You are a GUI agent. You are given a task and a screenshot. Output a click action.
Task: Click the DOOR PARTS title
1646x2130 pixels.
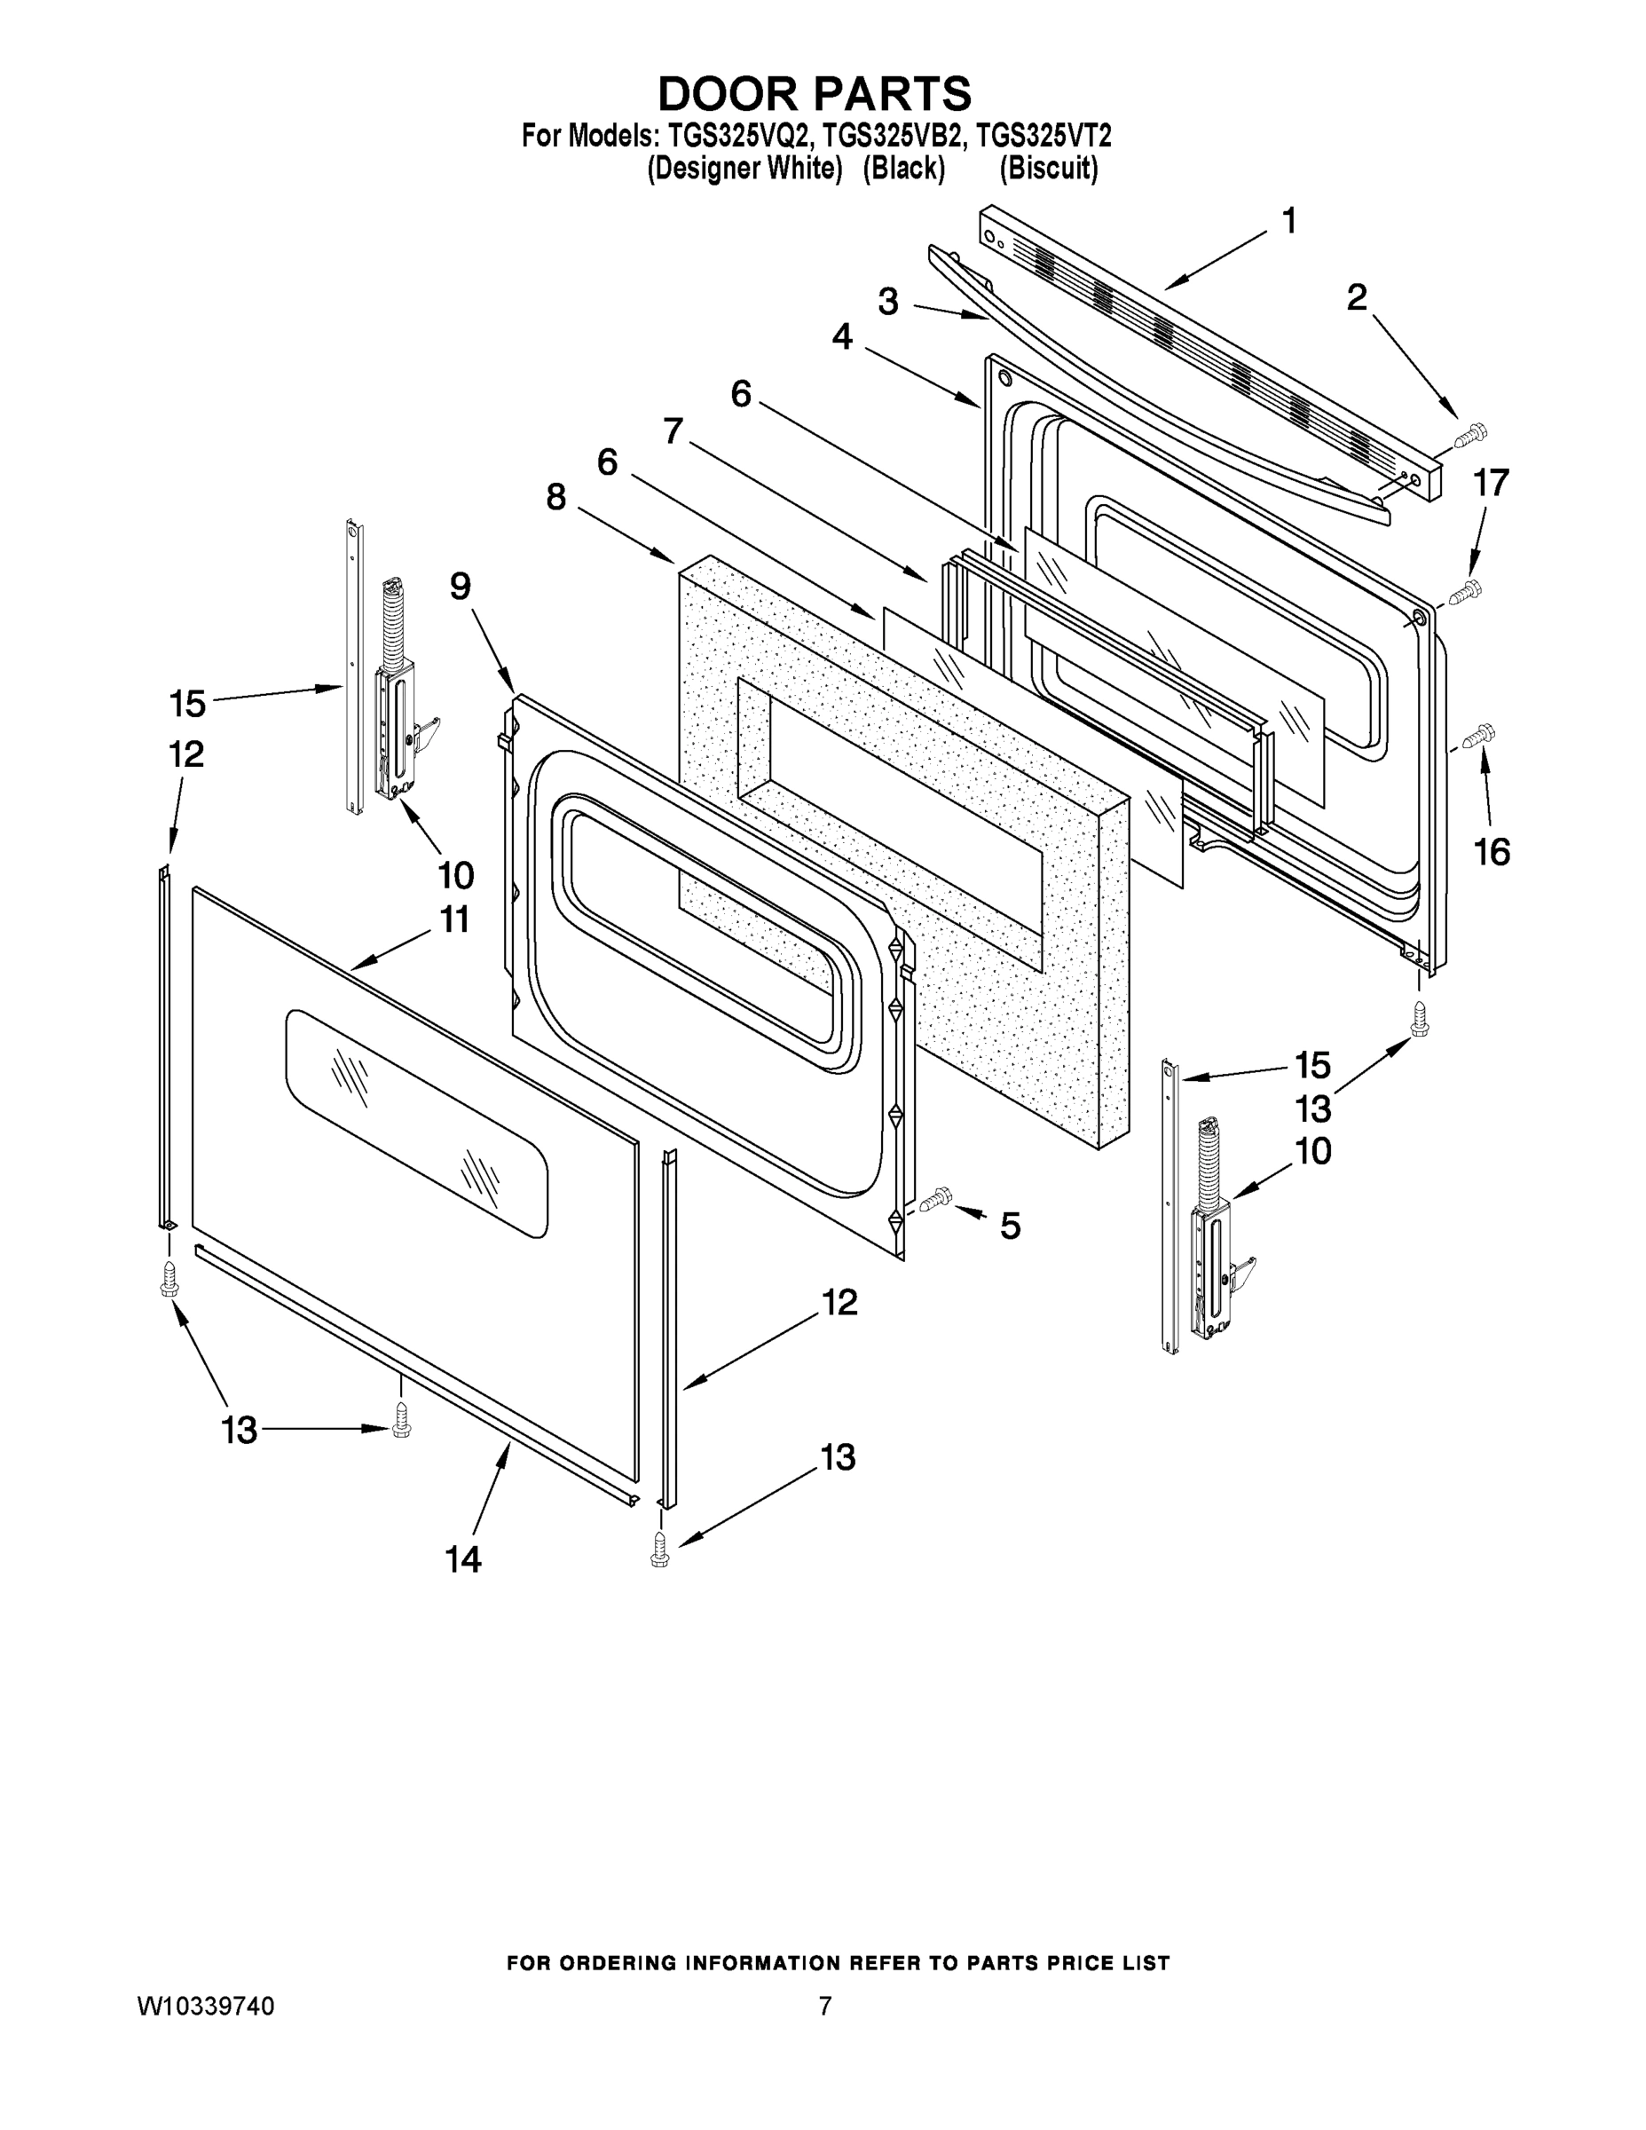815,95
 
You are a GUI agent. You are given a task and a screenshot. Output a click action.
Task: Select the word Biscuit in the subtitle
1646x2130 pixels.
1048,169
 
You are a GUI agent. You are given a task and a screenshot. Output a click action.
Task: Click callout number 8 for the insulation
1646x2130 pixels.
555,497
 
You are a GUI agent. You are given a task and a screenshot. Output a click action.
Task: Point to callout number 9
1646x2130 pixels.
461,586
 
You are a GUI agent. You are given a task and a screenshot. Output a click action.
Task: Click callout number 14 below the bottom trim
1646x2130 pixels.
463,1560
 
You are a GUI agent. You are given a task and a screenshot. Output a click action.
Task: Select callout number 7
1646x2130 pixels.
673,430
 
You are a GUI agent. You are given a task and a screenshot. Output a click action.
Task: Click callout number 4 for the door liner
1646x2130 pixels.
842,337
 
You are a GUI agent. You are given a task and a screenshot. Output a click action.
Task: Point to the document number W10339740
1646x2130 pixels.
206,2005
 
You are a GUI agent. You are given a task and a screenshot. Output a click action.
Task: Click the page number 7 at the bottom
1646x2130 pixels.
825,2005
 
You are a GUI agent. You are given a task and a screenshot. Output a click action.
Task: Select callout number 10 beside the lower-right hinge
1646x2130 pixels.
1313,1151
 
